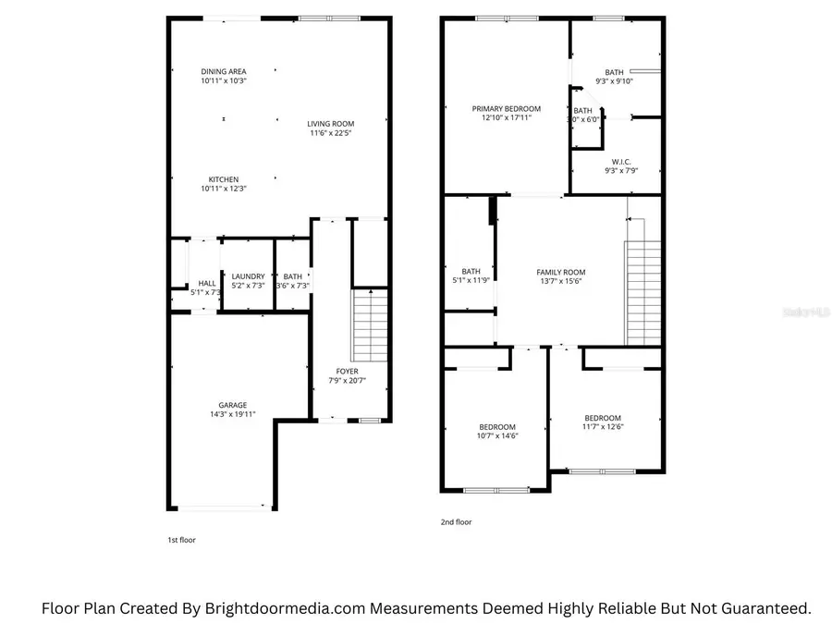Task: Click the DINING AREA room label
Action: coord(224,71)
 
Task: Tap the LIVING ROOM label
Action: coord(331,123)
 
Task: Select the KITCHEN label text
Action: coord(224,179)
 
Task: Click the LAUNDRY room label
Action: coord(248,276)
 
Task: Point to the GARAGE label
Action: coord(232,405)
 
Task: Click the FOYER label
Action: coord(347,372)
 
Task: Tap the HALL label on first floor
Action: coord(207,283)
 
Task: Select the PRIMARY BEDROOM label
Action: coord(506,108)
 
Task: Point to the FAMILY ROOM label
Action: coord(561,272)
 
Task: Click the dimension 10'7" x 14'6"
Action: coord(497,435)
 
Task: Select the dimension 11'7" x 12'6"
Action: coord(602,426)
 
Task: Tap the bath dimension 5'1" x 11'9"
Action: coord(471,280)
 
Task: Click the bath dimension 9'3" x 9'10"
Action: coord(615,80)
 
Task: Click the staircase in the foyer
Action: coord(370,325)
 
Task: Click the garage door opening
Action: coord(222,507)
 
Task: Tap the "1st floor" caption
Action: coord(180,540)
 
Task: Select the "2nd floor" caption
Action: coord(456,522)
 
